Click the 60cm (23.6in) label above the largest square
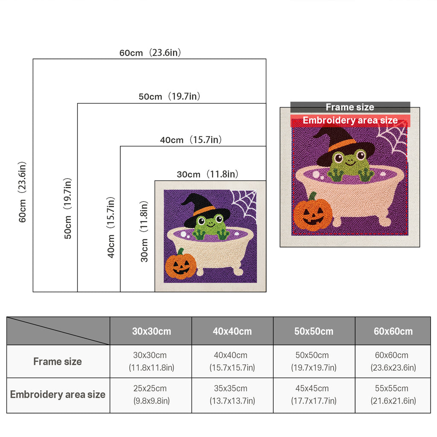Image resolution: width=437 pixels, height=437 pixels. pyautogui.click(x=150, y=52)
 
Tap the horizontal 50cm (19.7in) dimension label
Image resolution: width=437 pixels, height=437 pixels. pyautogui.click(x=169, y=96)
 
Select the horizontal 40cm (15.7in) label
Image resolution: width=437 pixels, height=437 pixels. pyautogui.click(x=191, y=140)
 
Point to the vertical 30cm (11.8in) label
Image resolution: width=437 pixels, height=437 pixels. pyautogui.click(x=144, y=232)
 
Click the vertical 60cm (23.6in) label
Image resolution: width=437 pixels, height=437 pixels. pyautogui.click(x=22, y=192)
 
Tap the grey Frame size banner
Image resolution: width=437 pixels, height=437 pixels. pyautogui.click(x=350, y=107)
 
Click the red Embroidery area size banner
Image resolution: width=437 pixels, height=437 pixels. pyautogui.click(x=350, y=120)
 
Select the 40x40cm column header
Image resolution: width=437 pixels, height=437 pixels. pyautogui.click(x=232, y=331)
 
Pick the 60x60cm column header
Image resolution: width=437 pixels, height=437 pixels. pyautogui.click(x=393, y=331)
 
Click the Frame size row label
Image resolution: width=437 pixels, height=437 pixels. pyautogui.click(x=58, y=361)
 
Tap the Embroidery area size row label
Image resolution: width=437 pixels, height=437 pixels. pyautogui.click(x=58, y=394)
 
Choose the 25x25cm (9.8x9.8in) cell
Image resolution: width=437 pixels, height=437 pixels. pyautogui.click(x=151, y=394)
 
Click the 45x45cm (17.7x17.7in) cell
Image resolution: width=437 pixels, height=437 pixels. pyautogui.click(x=314, y=394)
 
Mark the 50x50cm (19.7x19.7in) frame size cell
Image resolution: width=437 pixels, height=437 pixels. pyautogui.click(x=314, y=361)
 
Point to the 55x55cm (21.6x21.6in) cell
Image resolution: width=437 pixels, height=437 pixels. pyautogui.click(x=393, y=394)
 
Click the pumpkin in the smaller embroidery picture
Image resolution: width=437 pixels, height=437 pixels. pyautogui.click(x=181, y=265)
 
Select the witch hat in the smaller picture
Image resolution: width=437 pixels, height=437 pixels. pyautogui.click(x=206, y=210)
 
